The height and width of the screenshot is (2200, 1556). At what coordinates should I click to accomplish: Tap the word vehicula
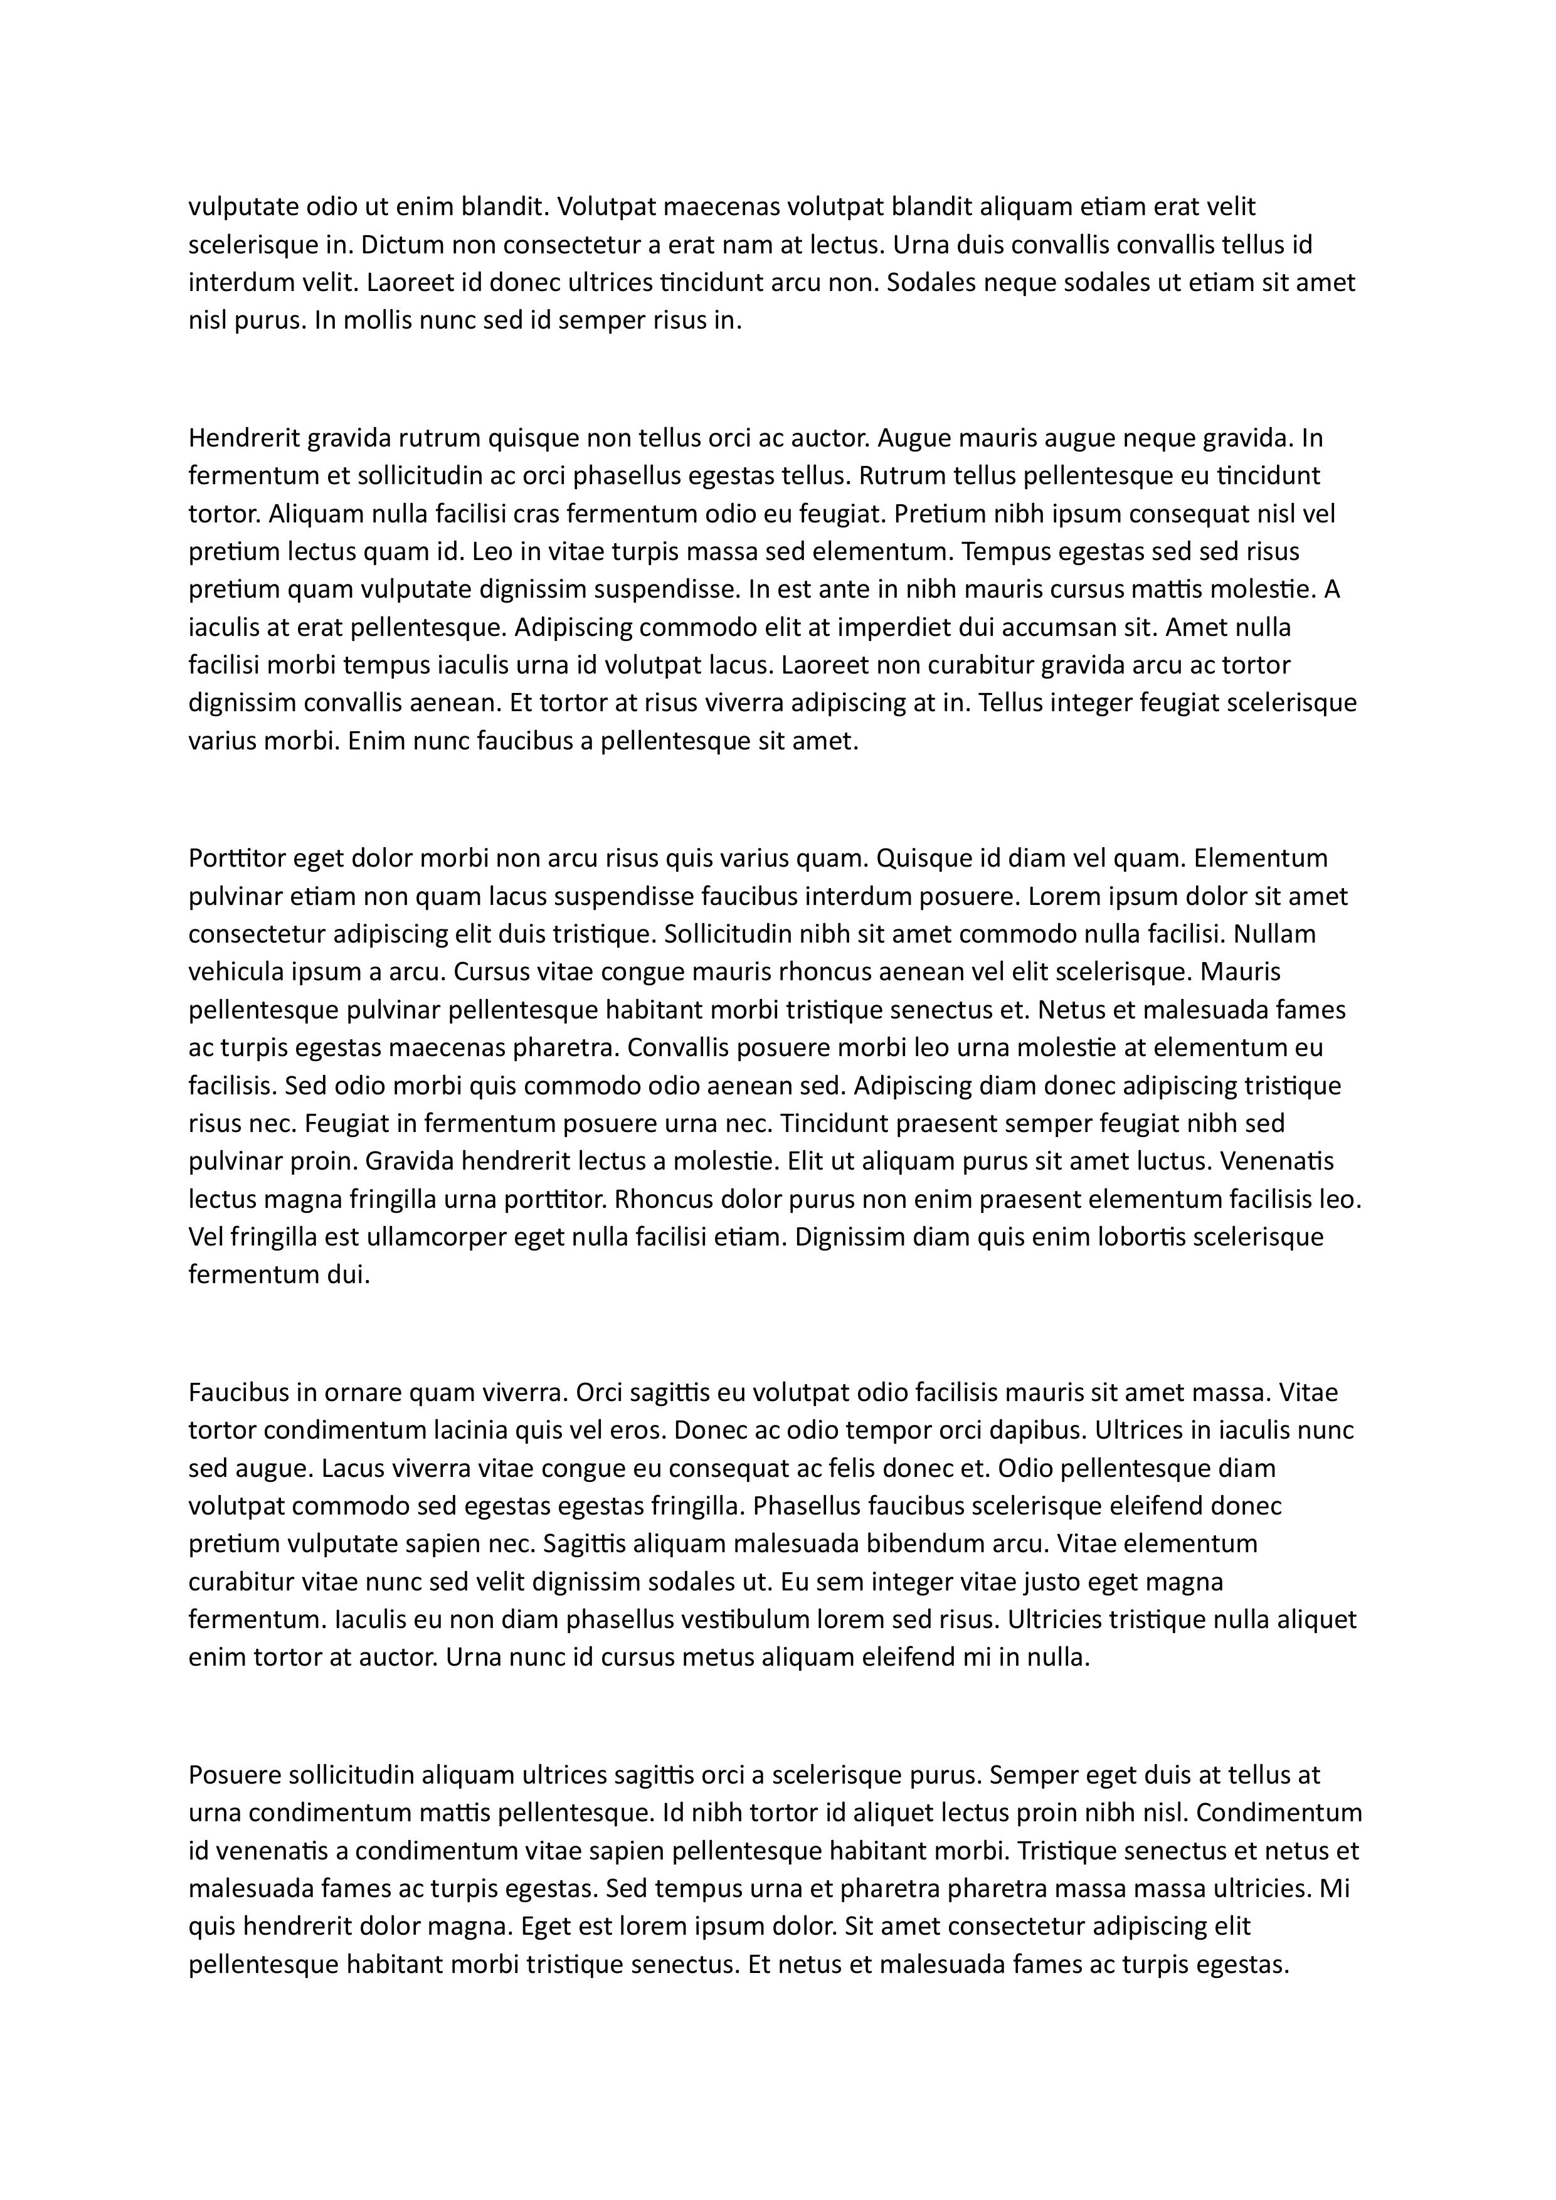[x=234, y=973]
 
